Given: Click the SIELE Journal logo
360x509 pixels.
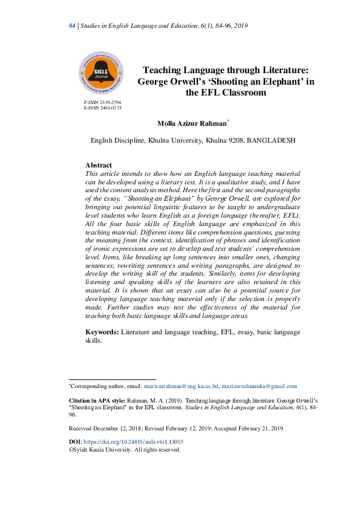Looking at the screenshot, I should pyautogui.click(x=101, y=74).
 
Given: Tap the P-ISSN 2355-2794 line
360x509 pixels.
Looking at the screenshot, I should pyautogui.click(x=103, y=103).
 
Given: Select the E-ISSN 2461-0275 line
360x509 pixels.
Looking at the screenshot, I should pyautogui.click(x=103, y=108).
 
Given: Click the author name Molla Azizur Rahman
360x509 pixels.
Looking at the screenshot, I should pyautogui.click(x=191, y=123).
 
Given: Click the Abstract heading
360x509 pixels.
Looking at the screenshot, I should pyautogui.click(x=99, y=165).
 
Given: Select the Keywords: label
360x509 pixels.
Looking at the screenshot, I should pyautogui.click(x=102, y=332).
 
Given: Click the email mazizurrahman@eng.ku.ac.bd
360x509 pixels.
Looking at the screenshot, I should pyautogui.click(x=181, y=386).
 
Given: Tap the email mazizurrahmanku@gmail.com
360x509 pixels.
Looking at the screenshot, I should pyautogui.click(x=259, y=386).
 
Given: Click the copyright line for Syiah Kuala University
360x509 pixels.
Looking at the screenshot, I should pyautogui.click(x=125, y=450).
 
